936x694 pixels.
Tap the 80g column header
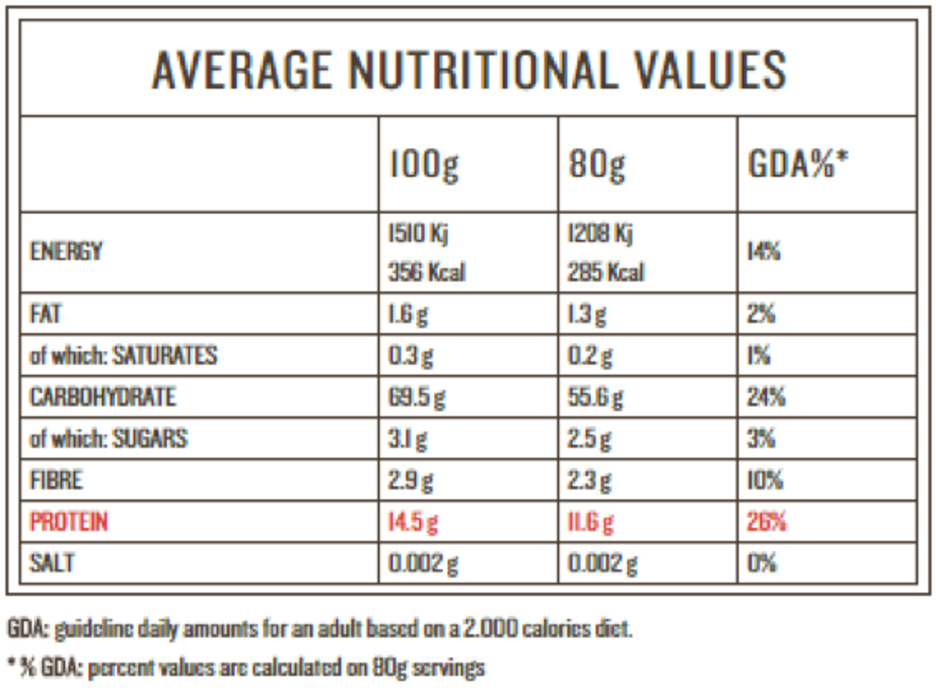pos(598,165)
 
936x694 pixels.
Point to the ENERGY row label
pos(66,251)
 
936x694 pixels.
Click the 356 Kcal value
pos(427,273)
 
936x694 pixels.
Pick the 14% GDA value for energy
pos(765,252)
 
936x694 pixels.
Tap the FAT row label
pos(46,315)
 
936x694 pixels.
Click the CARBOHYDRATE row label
pos(103,397)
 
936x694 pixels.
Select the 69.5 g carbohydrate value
pos(416,397)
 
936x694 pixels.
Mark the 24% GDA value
pos(767,397)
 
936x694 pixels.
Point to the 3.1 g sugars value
pos(407,438)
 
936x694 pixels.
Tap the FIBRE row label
pos(56,480)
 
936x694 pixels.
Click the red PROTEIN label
pos(69,521)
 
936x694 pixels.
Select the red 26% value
pos(767,521)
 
